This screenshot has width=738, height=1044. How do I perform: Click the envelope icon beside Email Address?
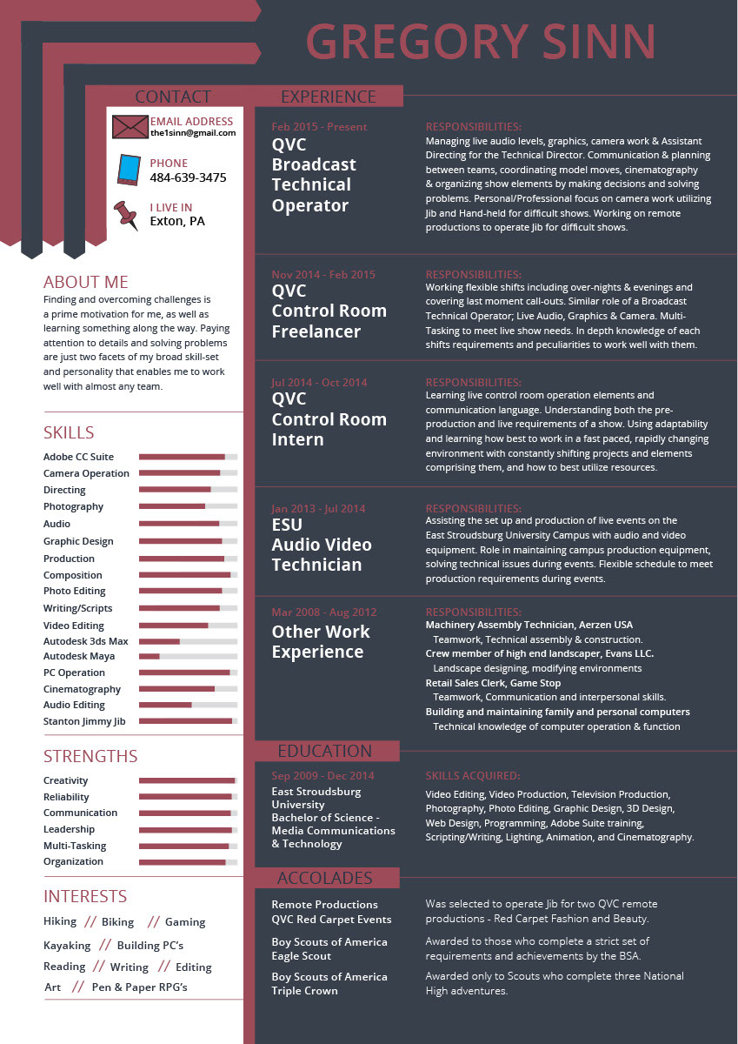130,126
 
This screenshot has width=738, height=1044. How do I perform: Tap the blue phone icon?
129,170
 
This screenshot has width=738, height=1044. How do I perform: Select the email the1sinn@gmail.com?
193,133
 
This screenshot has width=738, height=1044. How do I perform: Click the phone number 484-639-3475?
188,177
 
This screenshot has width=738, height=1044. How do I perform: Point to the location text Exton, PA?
177,221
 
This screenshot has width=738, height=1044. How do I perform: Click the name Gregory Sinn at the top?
481,42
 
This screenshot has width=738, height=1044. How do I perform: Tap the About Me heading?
86,282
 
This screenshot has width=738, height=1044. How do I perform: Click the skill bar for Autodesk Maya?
188,656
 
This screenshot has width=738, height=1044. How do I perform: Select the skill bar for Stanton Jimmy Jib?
188,721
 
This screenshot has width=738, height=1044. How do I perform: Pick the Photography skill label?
73,506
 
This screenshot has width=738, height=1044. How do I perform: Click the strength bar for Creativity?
188,780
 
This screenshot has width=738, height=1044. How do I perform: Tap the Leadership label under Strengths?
69,829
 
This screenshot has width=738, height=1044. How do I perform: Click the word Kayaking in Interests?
67,945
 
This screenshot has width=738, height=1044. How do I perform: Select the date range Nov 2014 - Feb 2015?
323,275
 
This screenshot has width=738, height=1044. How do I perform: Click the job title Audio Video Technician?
322,555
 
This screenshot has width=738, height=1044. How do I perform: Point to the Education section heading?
324,751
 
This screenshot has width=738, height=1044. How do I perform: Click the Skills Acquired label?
473,775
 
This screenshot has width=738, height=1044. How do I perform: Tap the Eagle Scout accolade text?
302,956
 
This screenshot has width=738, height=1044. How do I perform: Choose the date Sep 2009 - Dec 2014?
323,775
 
